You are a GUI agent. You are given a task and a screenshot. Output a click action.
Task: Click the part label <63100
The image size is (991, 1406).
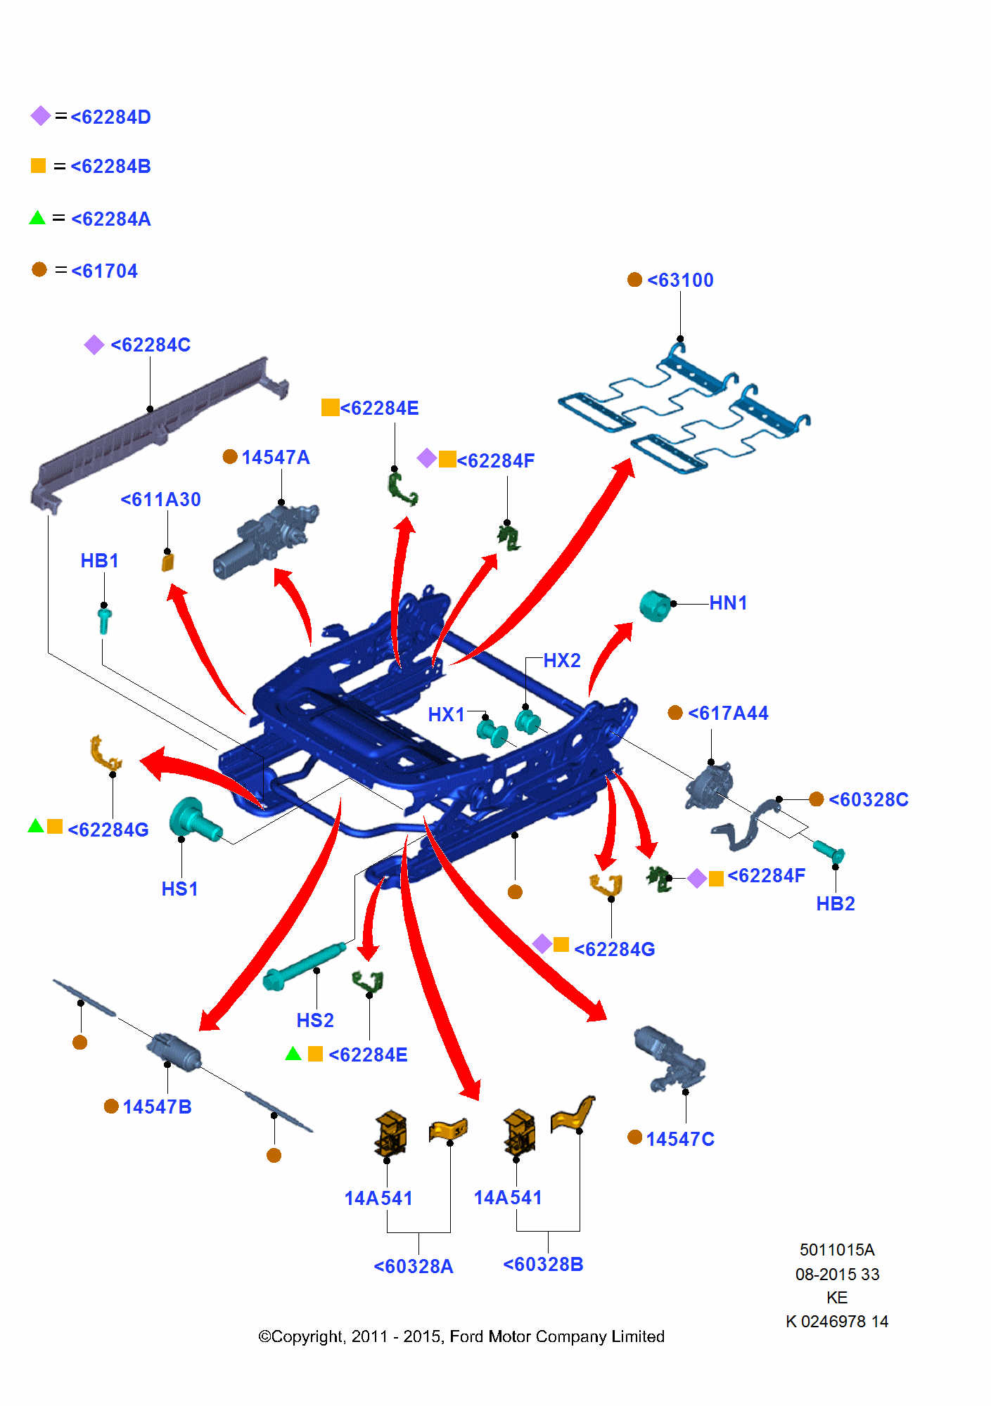pyautogui.click(x=679, y=280)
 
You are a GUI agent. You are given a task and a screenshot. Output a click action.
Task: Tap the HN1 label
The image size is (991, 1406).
pyautogui.click(x=728, y=603)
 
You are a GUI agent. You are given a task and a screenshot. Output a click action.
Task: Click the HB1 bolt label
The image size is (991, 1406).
pyautogui.click(x=99, y=561)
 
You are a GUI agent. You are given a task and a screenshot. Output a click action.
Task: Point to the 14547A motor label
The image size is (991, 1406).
pyautogui.click(x=275, y=458)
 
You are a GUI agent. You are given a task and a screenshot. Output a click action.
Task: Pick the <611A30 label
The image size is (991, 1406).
pyautogui.click(x=161, y=500)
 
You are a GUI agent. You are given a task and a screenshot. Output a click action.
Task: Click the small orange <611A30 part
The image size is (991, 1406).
pyautogui.click(x=167, y=562)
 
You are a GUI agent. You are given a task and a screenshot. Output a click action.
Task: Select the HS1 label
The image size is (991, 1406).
pyautogui.click(x=179, y=889)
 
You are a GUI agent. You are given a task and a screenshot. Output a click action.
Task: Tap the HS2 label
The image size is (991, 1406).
pyautogui.click(x=314, y=1021)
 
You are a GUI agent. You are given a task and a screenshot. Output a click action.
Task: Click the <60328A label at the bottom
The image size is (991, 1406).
pyautogui.click(x=414, y=1267)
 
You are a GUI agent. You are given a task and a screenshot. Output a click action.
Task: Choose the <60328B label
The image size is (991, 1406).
pyautogui.click(x=543, y=1265)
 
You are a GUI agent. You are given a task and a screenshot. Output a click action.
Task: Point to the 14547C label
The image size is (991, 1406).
pyautogui.click(x=679, y=1140)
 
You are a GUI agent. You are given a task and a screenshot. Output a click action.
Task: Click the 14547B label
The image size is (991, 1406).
pyautogui.click(x=157, y=1107)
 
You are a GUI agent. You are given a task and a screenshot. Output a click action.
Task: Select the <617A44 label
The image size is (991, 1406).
pyautogui.click(x=727, y=714)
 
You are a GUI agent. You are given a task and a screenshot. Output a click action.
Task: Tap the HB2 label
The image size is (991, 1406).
pyautogui.click(x=835, y=904)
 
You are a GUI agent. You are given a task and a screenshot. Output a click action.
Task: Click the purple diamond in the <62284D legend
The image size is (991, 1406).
pyautogui.click(x=41, y=116)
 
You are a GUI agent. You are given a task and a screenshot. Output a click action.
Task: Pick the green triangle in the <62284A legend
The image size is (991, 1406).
pyautogui.click(x=37, y=218)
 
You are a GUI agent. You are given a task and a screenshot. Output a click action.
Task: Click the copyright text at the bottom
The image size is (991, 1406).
pyautogui.click(x=461, y=1336)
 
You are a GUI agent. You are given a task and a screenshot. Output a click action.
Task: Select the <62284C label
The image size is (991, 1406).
pyautogui.click(x=151, y=345)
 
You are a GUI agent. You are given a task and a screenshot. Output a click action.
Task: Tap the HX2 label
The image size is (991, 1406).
pyautogui.click(x=562, y=661)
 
